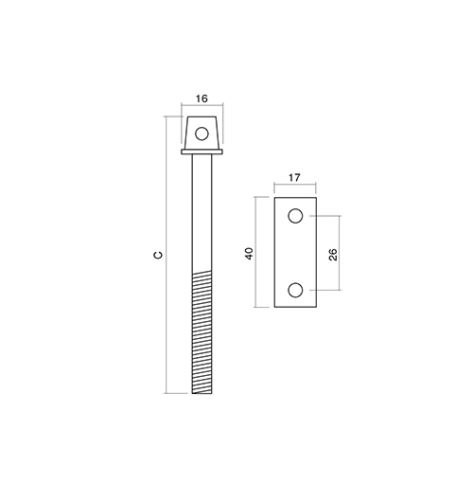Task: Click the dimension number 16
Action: point(201,98)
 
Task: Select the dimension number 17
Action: point(294,178)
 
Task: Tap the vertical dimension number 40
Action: point(249,254)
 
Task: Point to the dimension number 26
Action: point(333,255)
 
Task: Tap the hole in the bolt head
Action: point(201,134)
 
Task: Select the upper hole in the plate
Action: point(295,216)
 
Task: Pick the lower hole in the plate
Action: point(295,290)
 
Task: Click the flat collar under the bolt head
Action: point(202,152)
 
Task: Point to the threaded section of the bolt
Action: point(202,332)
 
